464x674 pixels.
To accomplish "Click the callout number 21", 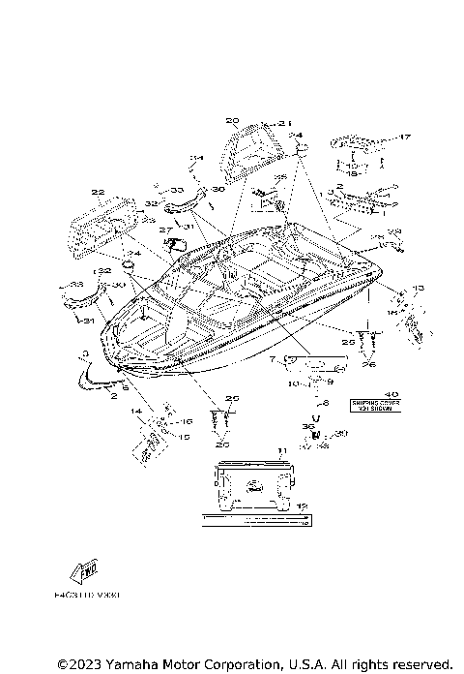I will pyautogui.click(x=284, y=123).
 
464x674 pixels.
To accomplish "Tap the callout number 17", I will pyautogui.click(x=406, y=137).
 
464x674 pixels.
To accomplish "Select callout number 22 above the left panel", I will pyautogui.click(x=98, y=192).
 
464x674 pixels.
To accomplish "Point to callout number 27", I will pyautogui.click(x=165, y=230).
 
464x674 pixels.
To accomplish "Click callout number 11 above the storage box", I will pyautogui.click(x=281, y=451).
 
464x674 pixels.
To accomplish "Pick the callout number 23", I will pyautogui.click(x=147, y=221).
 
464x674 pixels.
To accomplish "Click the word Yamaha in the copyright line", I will pyautogui.click(x=137, y=664).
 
